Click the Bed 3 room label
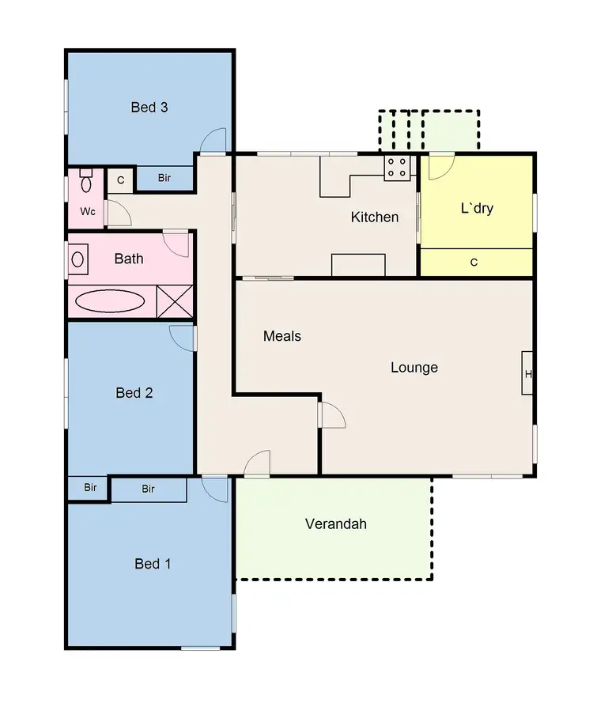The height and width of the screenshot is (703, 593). [x=149, y=108]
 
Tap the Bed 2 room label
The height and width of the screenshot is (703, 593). [x=134, y=393]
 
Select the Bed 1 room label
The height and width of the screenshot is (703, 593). [x=153, y=564]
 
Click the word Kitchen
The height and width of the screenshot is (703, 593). [x=375, y=217]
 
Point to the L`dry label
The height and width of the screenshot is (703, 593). [x=477, y=209]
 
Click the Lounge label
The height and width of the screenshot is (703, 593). [x=414, y=368]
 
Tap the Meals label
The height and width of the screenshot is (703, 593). [x=282, y=336]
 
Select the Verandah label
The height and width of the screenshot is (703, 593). [x=336, y=524]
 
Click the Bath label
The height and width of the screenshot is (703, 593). [x=129, y=259]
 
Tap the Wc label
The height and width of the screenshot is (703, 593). [x=87, y=212]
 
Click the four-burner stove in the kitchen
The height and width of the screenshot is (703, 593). [x=397, y=168]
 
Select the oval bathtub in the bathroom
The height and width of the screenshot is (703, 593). [x=110, y=301]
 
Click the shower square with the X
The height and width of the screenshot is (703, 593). [x=175, y=301]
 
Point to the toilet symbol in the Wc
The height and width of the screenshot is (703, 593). [x=86, y=182]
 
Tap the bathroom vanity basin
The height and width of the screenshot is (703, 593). [x=78, y=259]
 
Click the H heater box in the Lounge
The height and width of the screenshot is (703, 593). [x=527, y=372]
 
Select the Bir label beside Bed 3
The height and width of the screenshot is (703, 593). [x=164, y=178]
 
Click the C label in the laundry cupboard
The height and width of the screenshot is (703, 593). [x=474, y=263]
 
